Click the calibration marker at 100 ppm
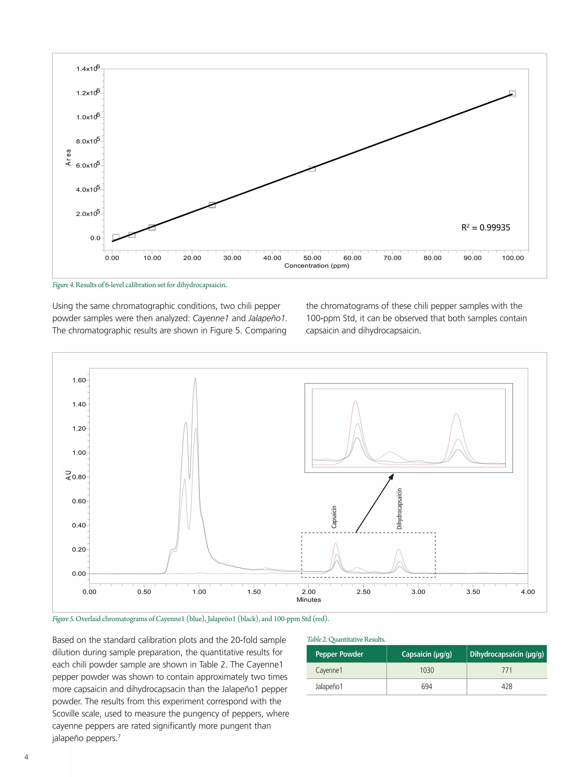pyautogui.click(x=512, y=93)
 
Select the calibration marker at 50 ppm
pyautogui.click(x=312, y=169)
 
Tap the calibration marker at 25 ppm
pyautogui.click(x=212, y=205)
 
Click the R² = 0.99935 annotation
pyautogui.click(x=485, y=228)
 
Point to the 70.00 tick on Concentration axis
pyautogui.click(x=392, y=258)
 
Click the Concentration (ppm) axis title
pyautogui.click(x=316, y=265)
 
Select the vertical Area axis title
pyautogui.click(x=68, y=157)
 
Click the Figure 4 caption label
pyautogui.click(x=63, y=285)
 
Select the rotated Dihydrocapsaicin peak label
pyautogui.click(x=399, y=509)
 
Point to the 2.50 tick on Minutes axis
pyautogui.click(x=363, y=592)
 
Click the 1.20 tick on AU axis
pyautogui.click(x=79, y=428)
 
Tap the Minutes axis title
pyautogui.click(x=309, y=600)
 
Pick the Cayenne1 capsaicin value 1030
pyautogui.click(x=427, y=670)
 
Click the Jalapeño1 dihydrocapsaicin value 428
pyautogui.click(x=506, y=686)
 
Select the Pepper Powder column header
pyautogui.click(x=339, y=654)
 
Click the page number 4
pyautogui.click(x=26, y=757)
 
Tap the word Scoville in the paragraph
pyautogui.click(x=68, y=714)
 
